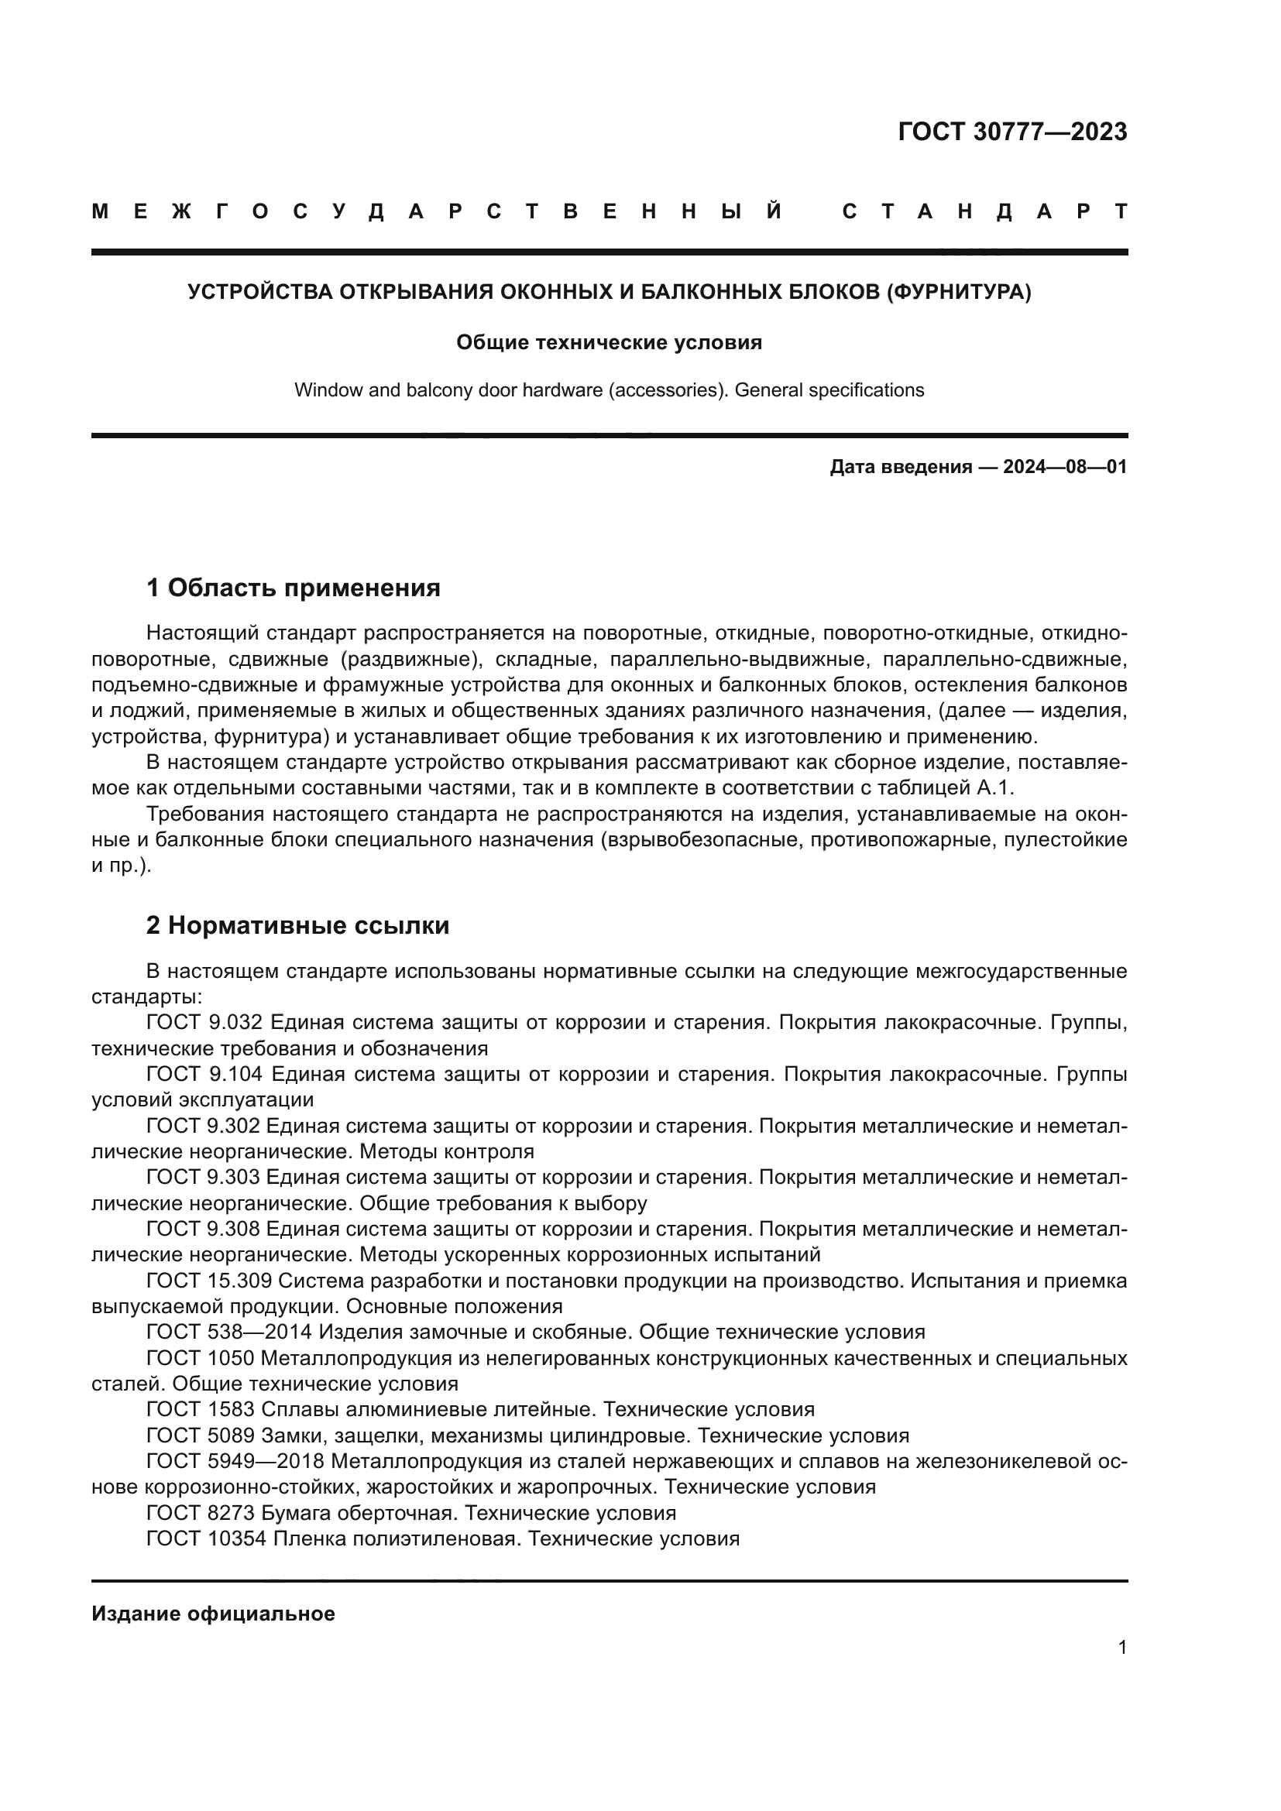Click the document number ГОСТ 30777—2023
[x=1012, y=132]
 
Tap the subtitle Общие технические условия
[x=609, y=342]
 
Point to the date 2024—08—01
[x=1064, y=467]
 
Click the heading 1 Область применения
[x=293, y=588]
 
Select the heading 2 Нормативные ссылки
[x=297, y=925]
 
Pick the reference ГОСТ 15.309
[x=209, y=1281]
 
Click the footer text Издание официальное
[x=213, y=1614]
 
